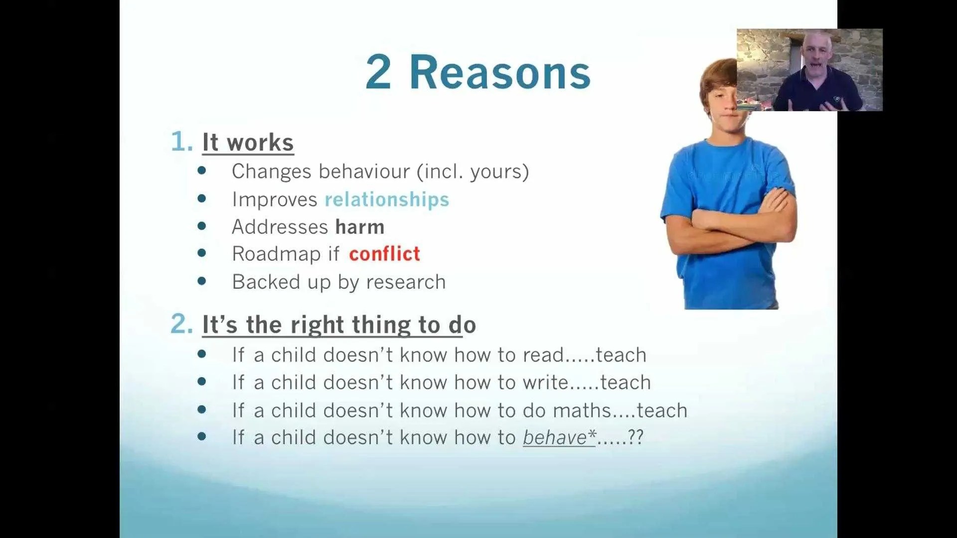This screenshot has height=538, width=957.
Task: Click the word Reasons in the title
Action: (500, 73)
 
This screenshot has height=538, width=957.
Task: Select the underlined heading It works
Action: (248, 142)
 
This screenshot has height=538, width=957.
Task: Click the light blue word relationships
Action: (387, 200)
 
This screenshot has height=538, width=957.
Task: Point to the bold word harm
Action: (360, 227)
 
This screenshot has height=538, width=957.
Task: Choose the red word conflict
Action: (384, 254)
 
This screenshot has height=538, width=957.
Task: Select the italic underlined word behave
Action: (555, 437)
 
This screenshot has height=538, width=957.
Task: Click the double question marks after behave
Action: (636, 437)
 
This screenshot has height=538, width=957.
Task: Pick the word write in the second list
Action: (545, 383)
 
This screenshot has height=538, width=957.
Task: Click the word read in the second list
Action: (543, 355)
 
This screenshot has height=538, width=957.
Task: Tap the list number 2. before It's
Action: (181, 324)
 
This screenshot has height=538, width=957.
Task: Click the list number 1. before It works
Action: (181, 141)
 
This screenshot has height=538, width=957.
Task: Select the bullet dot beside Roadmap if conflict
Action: (202, 253)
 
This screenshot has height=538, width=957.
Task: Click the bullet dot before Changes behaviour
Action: (202, 170)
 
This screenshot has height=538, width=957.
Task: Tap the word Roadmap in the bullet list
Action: (276, 254)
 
